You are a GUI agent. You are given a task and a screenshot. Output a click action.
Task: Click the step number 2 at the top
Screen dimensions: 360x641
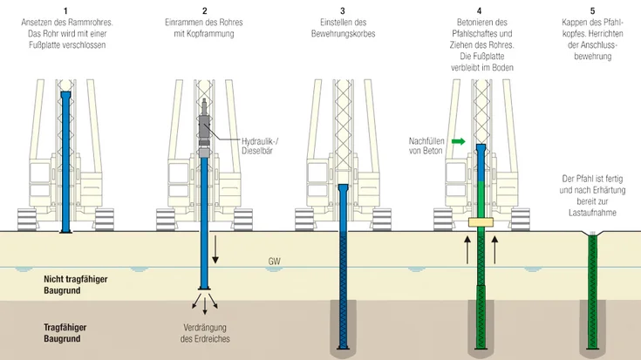(x=204, y=10)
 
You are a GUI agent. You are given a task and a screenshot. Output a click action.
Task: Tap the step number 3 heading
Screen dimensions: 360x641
(x=343, y=10)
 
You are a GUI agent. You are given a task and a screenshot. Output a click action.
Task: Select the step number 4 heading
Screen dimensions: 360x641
(x=479, y=10)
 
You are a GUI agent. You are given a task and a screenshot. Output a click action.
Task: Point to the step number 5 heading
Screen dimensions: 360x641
(x=592, y=10)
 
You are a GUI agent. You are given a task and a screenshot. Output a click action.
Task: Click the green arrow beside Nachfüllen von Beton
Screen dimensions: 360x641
(x=459, y=139)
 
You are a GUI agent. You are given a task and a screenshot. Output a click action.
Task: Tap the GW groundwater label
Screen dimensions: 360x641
(x=275, y=261)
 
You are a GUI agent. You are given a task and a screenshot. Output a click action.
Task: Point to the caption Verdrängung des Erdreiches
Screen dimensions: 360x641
(x=206, y=333)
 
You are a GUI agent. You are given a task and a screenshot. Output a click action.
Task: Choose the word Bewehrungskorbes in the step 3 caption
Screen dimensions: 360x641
(x=343, y=33)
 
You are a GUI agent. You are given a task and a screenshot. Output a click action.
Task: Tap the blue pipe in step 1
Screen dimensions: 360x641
(x=65, y=157)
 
